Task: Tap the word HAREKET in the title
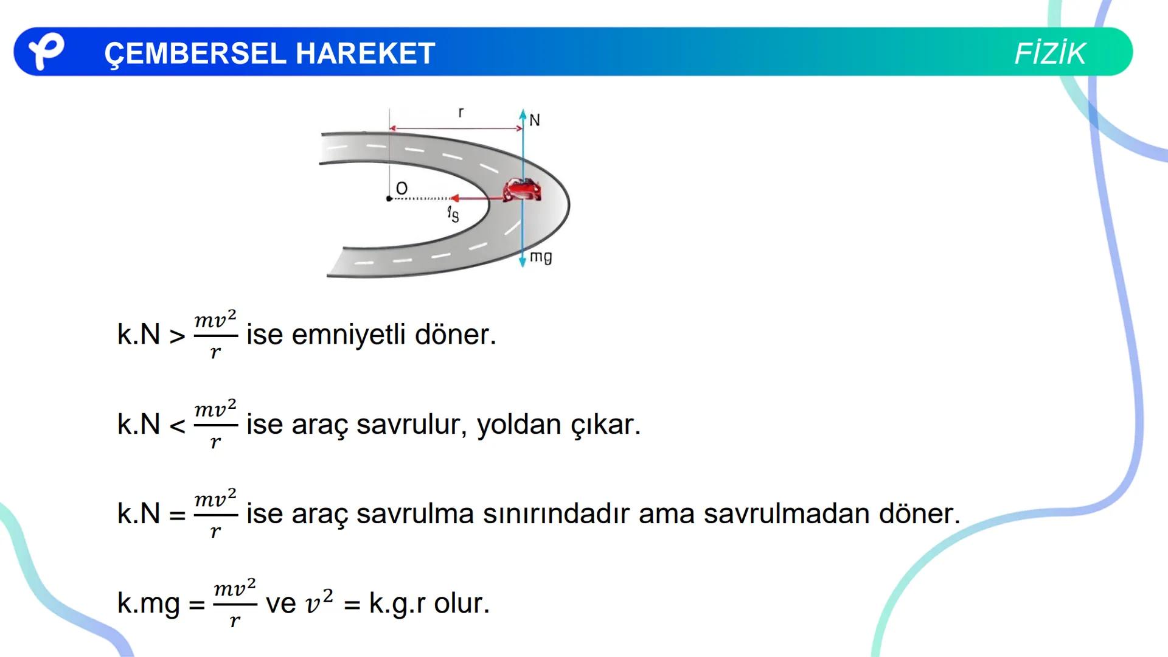point(366,54)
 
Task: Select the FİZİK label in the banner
point(1050,54)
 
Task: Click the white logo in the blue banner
point(46,51)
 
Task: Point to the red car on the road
point(521,190)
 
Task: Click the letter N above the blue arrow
point(535,120)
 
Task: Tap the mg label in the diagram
point(541,257)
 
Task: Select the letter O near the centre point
point(401,189)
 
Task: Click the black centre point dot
point(389,199)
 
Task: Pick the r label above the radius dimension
point(461,113)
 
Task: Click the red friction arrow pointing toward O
point(474,198)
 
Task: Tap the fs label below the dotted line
point(453,214)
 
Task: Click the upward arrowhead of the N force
point(523,114)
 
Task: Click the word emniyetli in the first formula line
point(349,335)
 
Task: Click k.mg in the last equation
point(149,603)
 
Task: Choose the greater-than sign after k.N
point(177,336)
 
